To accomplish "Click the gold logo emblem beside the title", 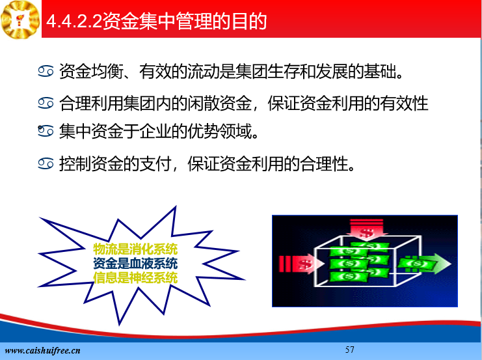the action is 20,19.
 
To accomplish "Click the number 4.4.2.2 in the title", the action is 74,21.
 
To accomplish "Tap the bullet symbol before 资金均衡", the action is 46,71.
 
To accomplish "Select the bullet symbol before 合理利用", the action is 46,103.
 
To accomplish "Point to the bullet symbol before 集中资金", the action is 46,131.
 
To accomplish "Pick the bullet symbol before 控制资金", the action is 46,163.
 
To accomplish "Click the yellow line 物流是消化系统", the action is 135,249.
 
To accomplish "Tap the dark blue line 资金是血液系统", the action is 135,264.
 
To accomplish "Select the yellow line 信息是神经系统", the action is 135,277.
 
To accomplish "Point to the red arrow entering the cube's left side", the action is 301,264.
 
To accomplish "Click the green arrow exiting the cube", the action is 425,264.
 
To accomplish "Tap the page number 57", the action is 349,350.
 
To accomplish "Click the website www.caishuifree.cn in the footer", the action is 42,350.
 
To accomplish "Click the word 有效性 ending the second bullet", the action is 404,103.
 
